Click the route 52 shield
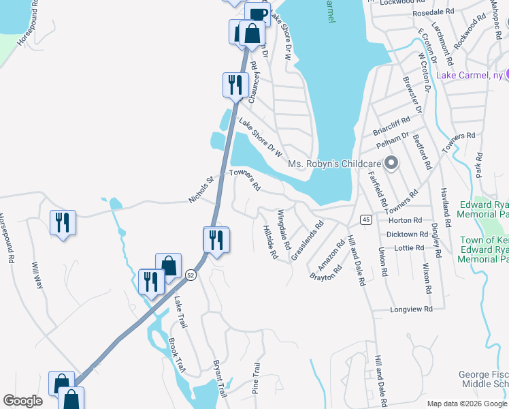tap(190, 274)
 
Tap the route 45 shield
tap(365, 219)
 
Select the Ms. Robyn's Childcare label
tap(333, 164)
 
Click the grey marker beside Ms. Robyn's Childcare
tap(391, 163)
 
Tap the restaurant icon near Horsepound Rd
tap(63, 222)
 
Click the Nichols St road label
tap(201, 190)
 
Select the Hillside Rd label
tap(270, 243)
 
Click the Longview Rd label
tap(412, 309)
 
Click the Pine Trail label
tap(257, 378)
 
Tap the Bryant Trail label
tap(219, 379)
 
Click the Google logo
tap(22, 401)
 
